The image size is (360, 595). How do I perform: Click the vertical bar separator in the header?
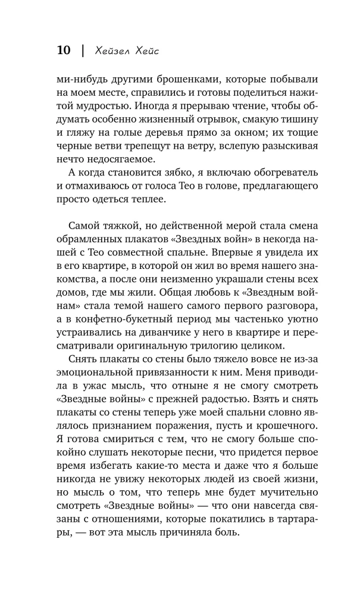82,51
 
